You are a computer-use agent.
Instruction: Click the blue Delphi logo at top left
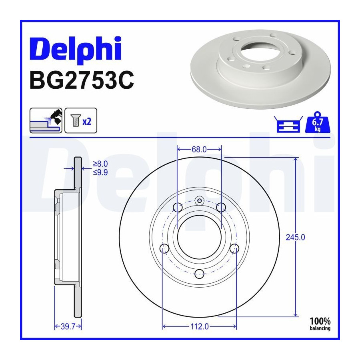(x=75, y=50)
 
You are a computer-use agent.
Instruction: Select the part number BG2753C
(x=82, y=80)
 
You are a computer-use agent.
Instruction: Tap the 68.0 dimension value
(x=199, y=150)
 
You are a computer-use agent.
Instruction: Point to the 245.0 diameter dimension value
(x=295, y=237)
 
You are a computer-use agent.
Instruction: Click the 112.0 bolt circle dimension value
(x=200, y=326)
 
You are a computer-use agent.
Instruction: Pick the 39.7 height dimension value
(x=68, y=326)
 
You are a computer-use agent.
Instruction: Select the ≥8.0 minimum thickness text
(x=100, y=164)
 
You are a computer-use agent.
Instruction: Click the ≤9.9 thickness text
(x=100, y=172)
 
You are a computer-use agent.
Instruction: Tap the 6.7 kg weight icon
(x=318, y=123)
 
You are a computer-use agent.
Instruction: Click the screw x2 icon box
(x=81, y=120)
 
